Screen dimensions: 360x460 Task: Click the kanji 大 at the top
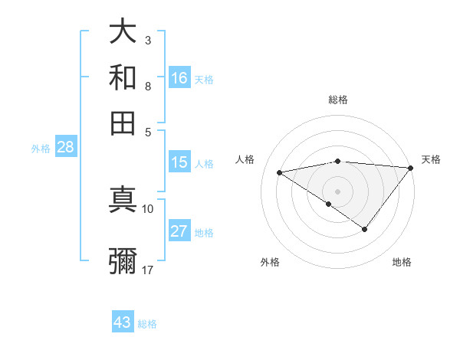123,32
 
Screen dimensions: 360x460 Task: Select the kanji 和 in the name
123,77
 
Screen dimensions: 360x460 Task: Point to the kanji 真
123,201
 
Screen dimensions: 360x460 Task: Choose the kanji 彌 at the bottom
123,260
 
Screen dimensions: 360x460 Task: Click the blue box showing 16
179,78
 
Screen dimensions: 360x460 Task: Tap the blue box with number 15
179,162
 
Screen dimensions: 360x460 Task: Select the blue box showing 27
179,232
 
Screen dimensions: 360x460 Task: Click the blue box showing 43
123,322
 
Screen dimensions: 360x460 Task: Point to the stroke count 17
148,270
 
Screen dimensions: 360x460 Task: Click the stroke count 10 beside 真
148,208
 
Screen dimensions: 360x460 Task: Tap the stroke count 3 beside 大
147,40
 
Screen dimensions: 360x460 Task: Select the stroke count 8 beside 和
147,86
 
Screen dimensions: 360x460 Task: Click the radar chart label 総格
338,100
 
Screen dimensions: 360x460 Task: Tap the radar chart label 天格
431,159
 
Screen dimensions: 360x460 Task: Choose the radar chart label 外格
270,263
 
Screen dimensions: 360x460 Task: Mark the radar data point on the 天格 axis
410,168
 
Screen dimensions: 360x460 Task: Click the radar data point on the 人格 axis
280,172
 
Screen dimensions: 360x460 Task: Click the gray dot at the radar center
338,191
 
